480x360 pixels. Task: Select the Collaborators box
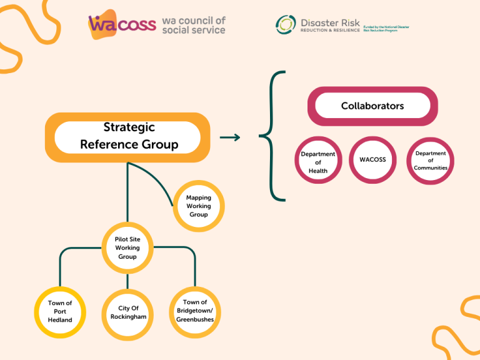pos(372,106)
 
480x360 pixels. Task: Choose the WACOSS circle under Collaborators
pos(372,160)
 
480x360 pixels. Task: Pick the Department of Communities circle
pos(431,161)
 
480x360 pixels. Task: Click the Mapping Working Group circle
pos(198,206)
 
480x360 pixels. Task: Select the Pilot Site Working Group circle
pos(127,248)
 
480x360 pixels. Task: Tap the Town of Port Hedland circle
pos(60,312)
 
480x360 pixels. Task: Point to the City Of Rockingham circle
pos(128,312)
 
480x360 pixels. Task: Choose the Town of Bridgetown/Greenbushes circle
pos(195,311)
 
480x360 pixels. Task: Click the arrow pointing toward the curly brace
pos(230,137)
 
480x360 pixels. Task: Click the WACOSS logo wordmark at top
pos(122,24)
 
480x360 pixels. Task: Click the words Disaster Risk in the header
pos(330,22)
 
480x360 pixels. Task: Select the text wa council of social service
pos(193,25)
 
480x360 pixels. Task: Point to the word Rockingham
pos(128,317)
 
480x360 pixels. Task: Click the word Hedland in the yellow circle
pos(60,320)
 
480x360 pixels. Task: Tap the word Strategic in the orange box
pos(129,127)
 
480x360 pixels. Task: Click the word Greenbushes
pos(195,319)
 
